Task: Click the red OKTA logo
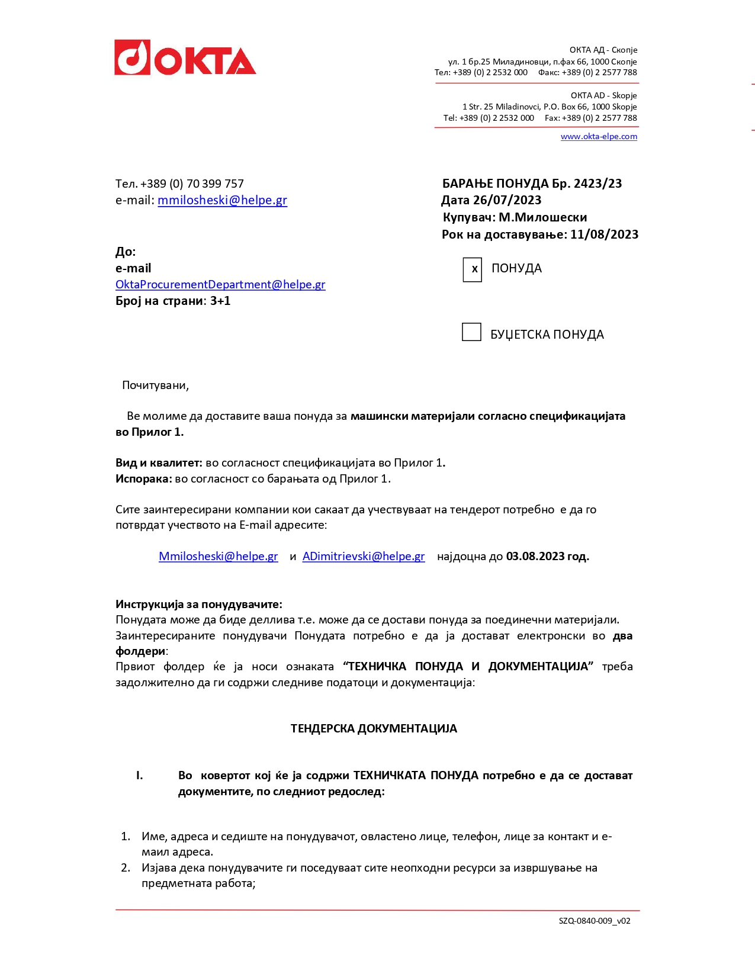185,58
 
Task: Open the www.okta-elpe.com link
599,137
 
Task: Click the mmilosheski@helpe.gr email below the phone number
222,200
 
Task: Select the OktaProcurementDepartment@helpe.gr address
220,285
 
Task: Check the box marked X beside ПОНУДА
473,269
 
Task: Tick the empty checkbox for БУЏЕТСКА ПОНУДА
471,332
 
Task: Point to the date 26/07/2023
507,200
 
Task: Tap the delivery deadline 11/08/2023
604,234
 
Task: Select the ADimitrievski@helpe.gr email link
364,557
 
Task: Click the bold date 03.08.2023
535,557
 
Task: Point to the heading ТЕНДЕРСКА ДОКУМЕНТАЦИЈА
374,729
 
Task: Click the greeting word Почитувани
155,385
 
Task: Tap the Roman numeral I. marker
140,776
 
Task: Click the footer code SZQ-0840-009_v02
594,921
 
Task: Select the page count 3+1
220,301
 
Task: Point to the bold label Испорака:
143,479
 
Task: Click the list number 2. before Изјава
126,868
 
